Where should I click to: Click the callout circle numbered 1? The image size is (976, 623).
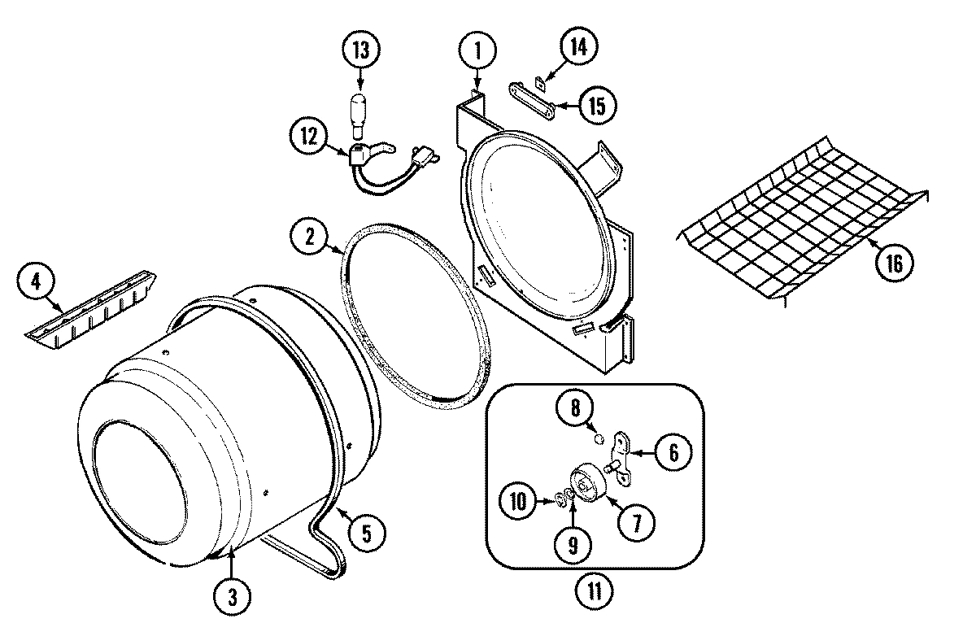(477, 51)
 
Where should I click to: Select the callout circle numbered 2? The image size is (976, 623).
(310, 237)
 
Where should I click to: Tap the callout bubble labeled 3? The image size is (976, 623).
(232, 598)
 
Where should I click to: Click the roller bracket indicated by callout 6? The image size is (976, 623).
(624, 449)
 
